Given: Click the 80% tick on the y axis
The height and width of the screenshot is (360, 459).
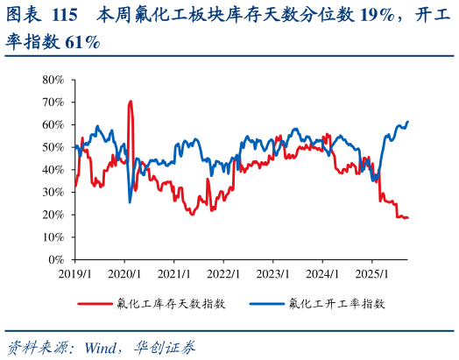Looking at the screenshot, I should click(53, 80).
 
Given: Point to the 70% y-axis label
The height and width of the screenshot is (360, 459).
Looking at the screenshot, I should click(53, 102).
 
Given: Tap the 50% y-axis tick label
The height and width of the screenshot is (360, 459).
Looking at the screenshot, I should click(53, 147).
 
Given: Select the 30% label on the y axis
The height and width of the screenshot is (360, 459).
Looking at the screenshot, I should click(53, 192).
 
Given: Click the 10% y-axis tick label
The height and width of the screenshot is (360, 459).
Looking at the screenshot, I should click(53, 237).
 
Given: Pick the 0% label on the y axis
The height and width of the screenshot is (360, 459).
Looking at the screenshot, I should click(55, 259).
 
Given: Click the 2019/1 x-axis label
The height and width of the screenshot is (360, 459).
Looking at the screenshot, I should click(75, 273).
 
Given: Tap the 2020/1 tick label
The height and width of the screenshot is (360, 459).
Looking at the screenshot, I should click(124, 273).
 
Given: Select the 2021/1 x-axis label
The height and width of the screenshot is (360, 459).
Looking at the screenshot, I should click(173, 273).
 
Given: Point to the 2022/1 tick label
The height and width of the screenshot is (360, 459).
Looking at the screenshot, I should click(223, 273).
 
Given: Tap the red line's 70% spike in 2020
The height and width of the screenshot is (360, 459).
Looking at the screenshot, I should click(131, 102).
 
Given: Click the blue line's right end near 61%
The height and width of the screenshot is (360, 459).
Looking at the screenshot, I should click(408, 122).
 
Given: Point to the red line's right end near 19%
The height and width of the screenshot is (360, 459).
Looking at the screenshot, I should click(407, 217).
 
